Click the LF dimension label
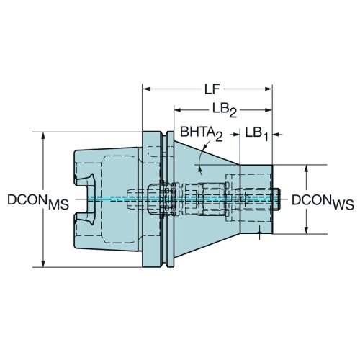click(x=212, y=89)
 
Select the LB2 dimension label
click(x=225, y=110)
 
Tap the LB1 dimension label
click(x=256, y=133)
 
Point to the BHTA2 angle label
click(x=201, y=133)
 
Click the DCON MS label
click(x=38, y=202)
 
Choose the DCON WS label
click(x=323, y=202)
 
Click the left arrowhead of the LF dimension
click(x=146, y=89)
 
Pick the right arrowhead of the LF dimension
click(x=269, y=89)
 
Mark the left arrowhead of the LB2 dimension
click(x=178, y=110)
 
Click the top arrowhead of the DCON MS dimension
click(x=43, y=135)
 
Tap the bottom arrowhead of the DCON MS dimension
click(x=43, y=264)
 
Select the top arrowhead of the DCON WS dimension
click(x=306, y=168)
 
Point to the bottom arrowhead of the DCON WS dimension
click(x=306, y=230)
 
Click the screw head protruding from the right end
click(x=276, y=199)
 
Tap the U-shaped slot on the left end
click(x=85, y=199)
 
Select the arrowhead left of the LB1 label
click(x=236, y=135)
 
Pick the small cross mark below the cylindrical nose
click(x=259, y=233)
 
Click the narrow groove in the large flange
click(x=164, y=199)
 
